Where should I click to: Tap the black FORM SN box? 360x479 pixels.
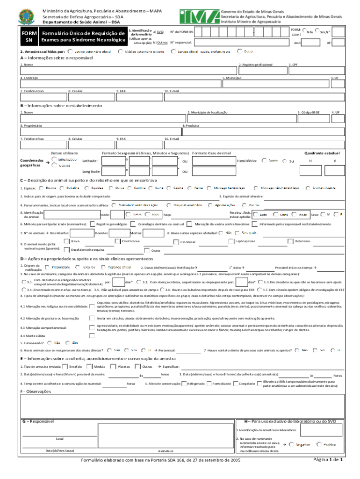coord(29,37)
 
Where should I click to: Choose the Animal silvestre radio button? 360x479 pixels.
coord(309,188)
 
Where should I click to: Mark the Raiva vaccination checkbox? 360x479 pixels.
coord(67,241)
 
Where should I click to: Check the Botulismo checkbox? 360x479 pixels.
coord(291,241)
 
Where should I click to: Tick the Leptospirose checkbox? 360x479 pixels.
coord(231,241)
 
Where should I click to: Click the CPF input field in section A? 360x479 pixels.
coord(316,70)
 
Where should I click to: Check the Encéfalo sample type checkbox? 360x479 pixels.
coord(65,366)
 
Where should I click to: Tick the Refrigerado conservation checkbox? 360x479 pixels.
coord(184,384)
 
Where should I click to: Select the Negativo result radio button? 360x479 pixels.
coord(291,444)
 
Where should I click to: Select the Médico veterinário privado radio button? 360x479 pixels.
coord(121,51)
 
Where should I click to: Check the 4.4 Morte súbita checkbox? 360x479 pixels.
coord(92,335)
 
